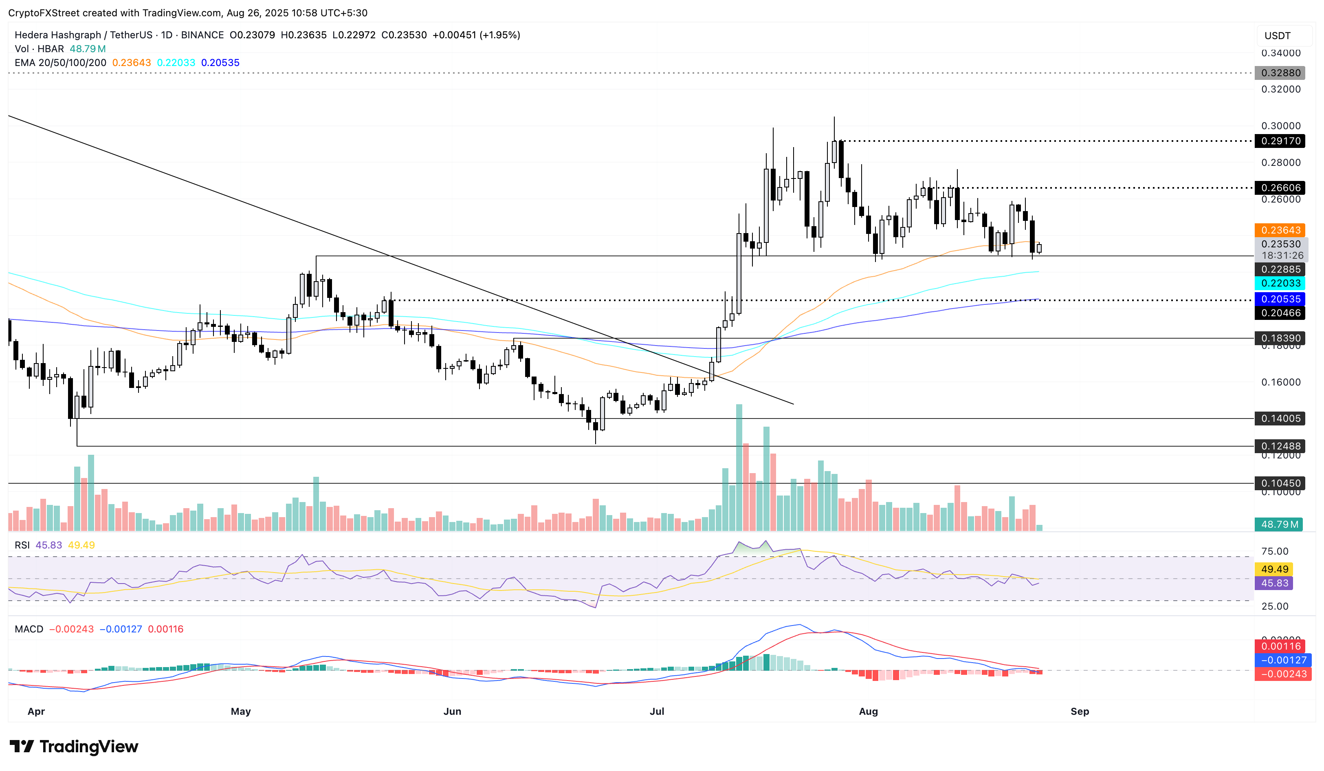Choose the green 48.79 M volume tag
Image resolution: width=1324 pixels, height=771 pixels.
[1279, 524]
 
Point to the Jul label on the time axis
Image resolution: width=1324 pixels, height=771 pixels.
[657, 711]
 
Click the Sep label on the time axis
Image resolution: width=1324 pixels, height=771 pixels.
[1080, 711]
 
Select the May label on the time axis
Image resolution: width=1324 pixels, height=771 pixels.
[241, 711]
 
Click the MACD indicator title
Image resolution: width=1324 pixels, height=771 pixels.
[29, 629]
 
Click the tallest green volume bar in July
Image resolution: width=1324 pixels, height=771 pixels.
[739, 468]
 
